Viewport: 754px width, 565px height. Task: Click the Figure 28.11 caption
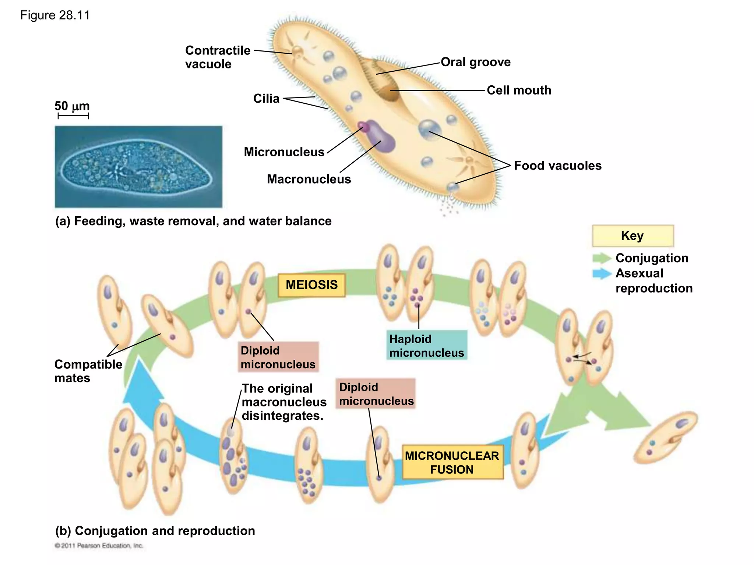click(x=55, y=15)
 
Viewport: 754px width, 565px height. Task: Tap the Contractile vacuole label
click(x=217, y=57)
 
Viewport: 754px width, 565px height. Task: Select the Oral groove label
click(x=475, y=62)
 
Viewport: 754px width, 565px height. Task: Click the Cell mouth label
click(x=519, y=90)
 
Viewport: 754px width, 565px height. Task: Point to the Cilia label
click(x=266, y=99)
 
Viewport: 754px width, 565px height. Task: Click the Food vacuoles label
click(x=557, y=166)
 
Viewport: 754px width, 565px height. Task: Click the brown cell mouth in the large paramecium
click(x=390, y=93)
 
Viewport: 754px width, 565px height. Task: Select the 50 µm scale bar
click(x=73, y=116)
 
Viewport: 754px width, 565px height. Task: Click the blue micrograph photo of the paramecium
click(x=138, y=167)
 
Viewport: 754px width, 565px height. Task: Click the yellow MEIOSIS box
click(x=311, y=285)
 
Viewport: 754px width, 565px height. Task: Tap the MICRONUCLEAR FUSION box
click(x=452, y=463)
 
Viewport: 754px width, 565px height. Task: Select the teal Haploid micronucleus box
click(x=427, y=346)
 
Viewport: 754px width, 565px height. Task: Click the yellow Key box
click(x=633, y=236)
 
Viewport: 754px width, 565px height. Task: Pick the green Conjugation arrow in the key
click(x=601, y=258)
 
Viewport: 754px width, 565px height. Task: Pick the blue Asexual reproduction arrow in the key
click(x=601, y=274)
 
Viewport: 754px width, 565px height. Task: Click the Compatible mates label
click(x=88, y=371)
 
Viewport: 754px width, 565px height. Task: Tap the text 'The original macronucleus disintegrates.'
click(x=283, y=402)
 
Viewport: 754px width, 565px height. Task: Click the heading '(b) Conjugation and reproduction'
click(x=155, y=531)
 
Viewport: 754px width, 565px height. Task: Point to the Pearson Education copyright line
click(x=99, y=546)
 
